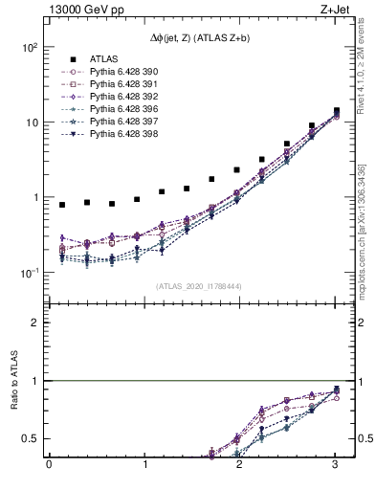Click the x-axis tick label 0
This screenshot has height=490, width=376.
click(x=49, y=466)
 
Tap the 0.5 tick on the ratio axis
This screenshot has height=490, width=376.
click(x=31, y=438)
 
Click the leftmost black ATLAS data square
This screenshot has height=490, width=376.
click(x=62, y=205)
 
